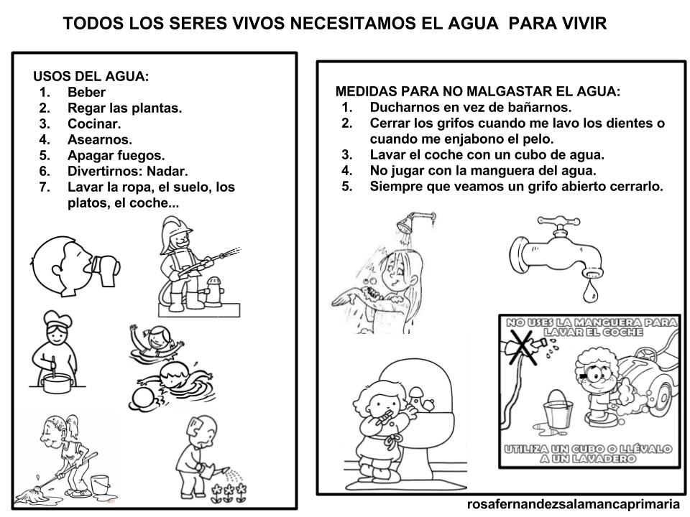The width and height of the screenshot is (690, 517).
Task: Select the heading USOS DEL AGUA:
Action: (x=91, y=76)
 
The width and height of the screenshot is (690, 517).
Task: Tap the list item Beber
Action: (x=86, y=92)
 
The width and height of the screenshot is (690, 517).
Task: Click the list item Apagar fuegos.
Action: (x=116, y=155)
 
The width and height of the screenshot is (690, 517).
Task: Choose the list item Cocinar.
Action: (x=94, y=124)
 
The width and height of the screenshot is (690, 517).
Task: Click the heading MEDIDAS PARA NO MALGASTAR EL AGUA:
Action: (x=477, y=92)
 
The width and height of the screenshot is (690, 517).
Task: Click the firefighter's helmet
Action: (x=179, y=234)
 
